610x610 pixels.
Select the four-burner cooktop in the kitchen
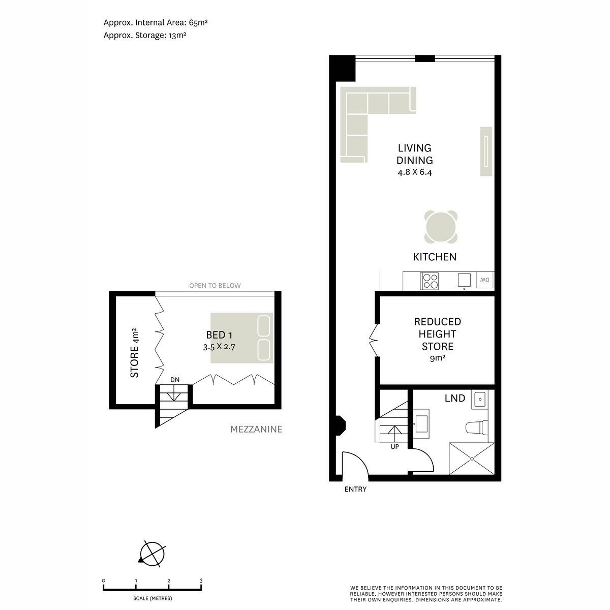[430, 281]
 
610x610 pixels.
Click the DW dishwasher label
[485, 280]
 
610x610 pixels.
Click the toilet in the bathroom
[477, 427]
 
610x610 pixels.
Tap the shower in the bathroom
[471, 459]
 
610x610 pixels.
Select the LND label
[455, 399]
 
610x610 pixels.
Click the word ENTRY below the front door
[355, 490]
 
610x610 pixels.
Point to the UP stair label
[394, 447]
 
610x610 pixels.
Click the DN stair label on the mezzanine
[175, 380]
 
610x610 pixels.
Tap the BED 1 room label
[219, 335]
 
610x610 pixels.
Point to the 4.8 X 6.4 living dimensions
[415, 172]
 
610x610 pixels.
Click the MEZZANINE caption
[256, 430]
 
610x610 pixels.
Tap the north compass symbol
[151, 553]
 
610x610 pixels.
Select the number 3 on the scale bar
[201, 581]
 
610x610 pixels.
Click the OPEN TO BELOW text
[215, 286]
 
